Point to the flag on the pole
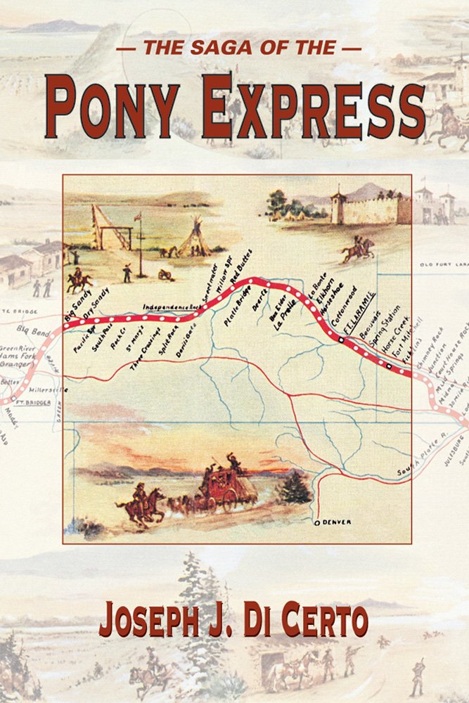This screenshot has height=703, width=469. coord(138,217)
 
